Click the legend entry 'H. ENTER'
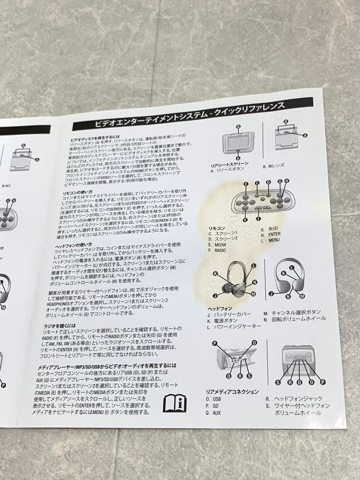pyautogui.click(x=271, y=234)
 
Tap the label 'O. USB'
pyautogui.click(x=214, y=399)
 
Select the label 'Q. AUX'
pyautogui.click(x=214, y=413)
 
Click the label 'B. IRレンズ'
pyautogui.click(x=273, y=166)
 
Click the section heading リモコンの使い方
pyautogui.click(x=78, y=192)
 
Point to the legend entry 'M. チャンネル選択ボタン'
pyautogui.click(x=292, y=312)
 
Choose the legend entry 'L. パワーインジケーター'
pyautogui.click(x=234, y=327)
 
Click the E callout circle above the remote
pyautogui.click(x=246, y=184)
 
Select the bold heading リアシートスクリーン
pyautogui.click(x=229, y=164)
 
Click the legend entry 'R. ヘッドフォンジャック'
pyautogui.click(x=294, y=399)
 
